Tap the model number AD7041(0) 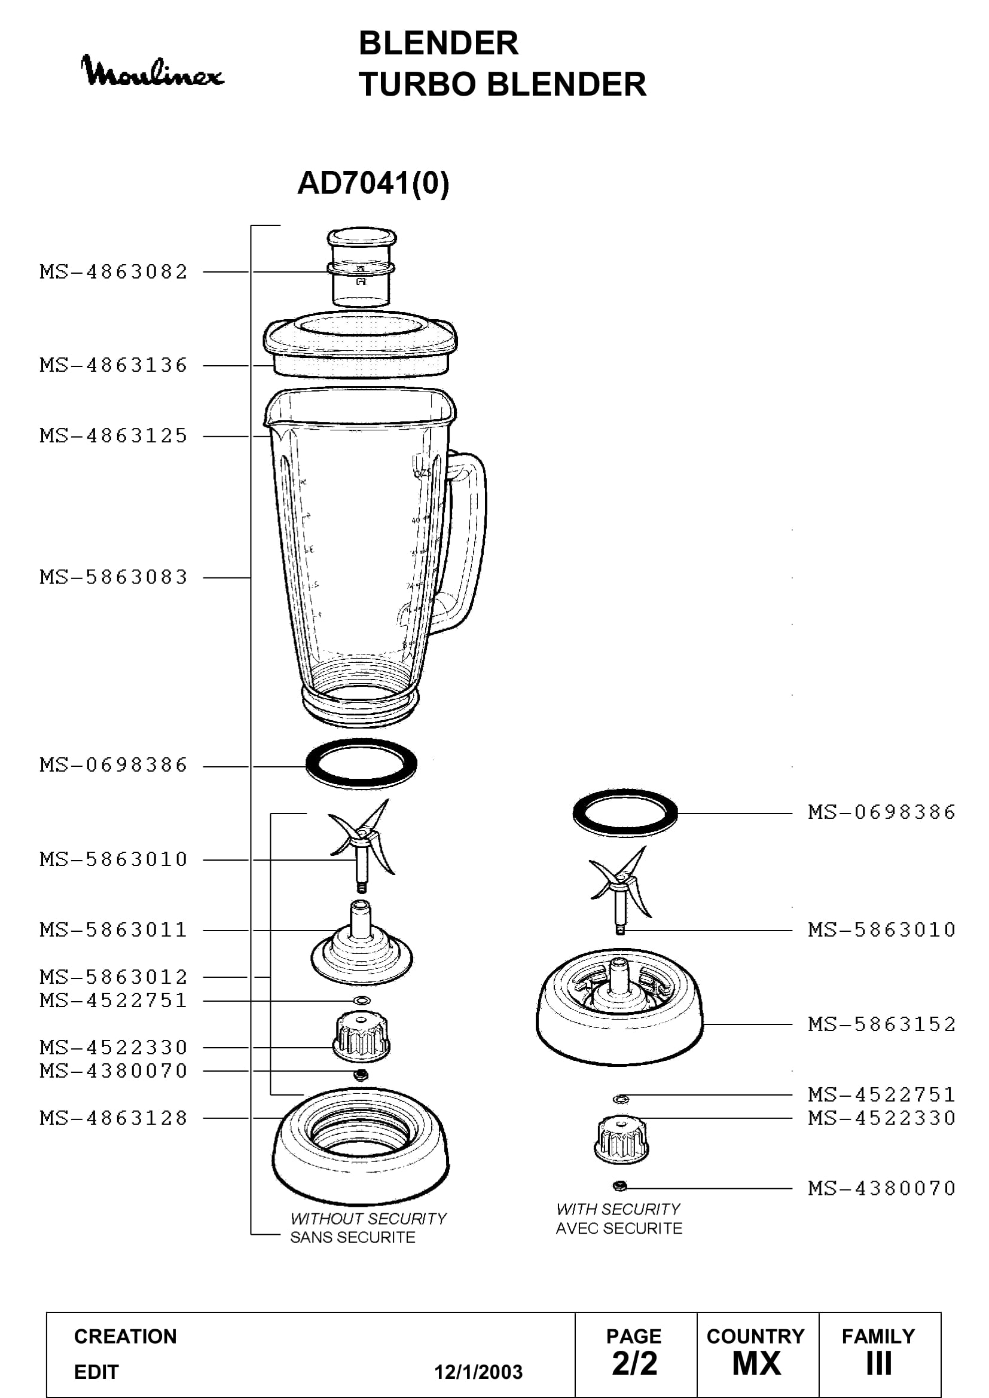click(x=373, y=183)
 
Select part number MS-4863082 click(x=114, y=271)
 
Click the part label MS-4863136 click(x=114, y=365)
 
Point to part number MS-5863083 click(x=114, y=577)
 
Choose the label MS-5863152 click(x=882, y=1024)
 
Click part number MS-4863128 click(x=114, y=1118)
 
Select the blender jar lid click(x=361, y=345)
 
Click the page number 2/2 click(x=634, y=1364)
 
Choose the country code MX click(x=756, y=1364)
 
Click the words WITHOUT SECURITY click(x=368, y=1218)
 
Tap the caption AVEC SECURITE click(x=619, y=1228)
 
